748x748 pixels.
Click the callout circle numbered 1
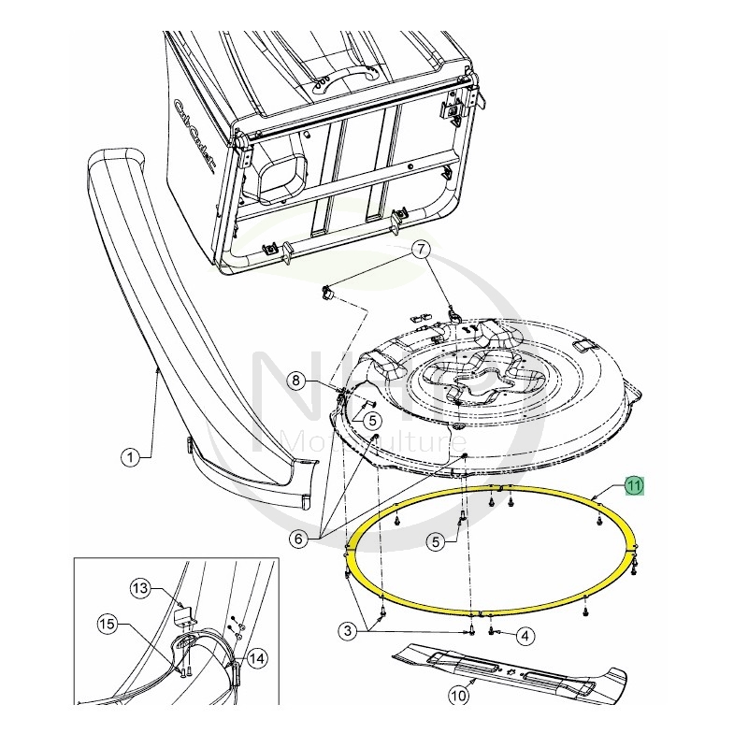click(130, 457)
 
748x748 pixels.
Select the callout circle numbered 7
click(421, 249)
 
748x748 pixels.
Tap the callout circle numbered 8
click(295, 381)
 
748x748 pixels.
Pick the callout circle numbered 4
click(525, 636)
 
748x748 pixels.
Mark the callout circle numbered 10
click(458, 695)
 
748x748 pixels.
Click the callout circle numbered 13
click(139, 588)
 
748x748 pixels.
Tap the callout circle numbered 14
click(256, 658)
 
